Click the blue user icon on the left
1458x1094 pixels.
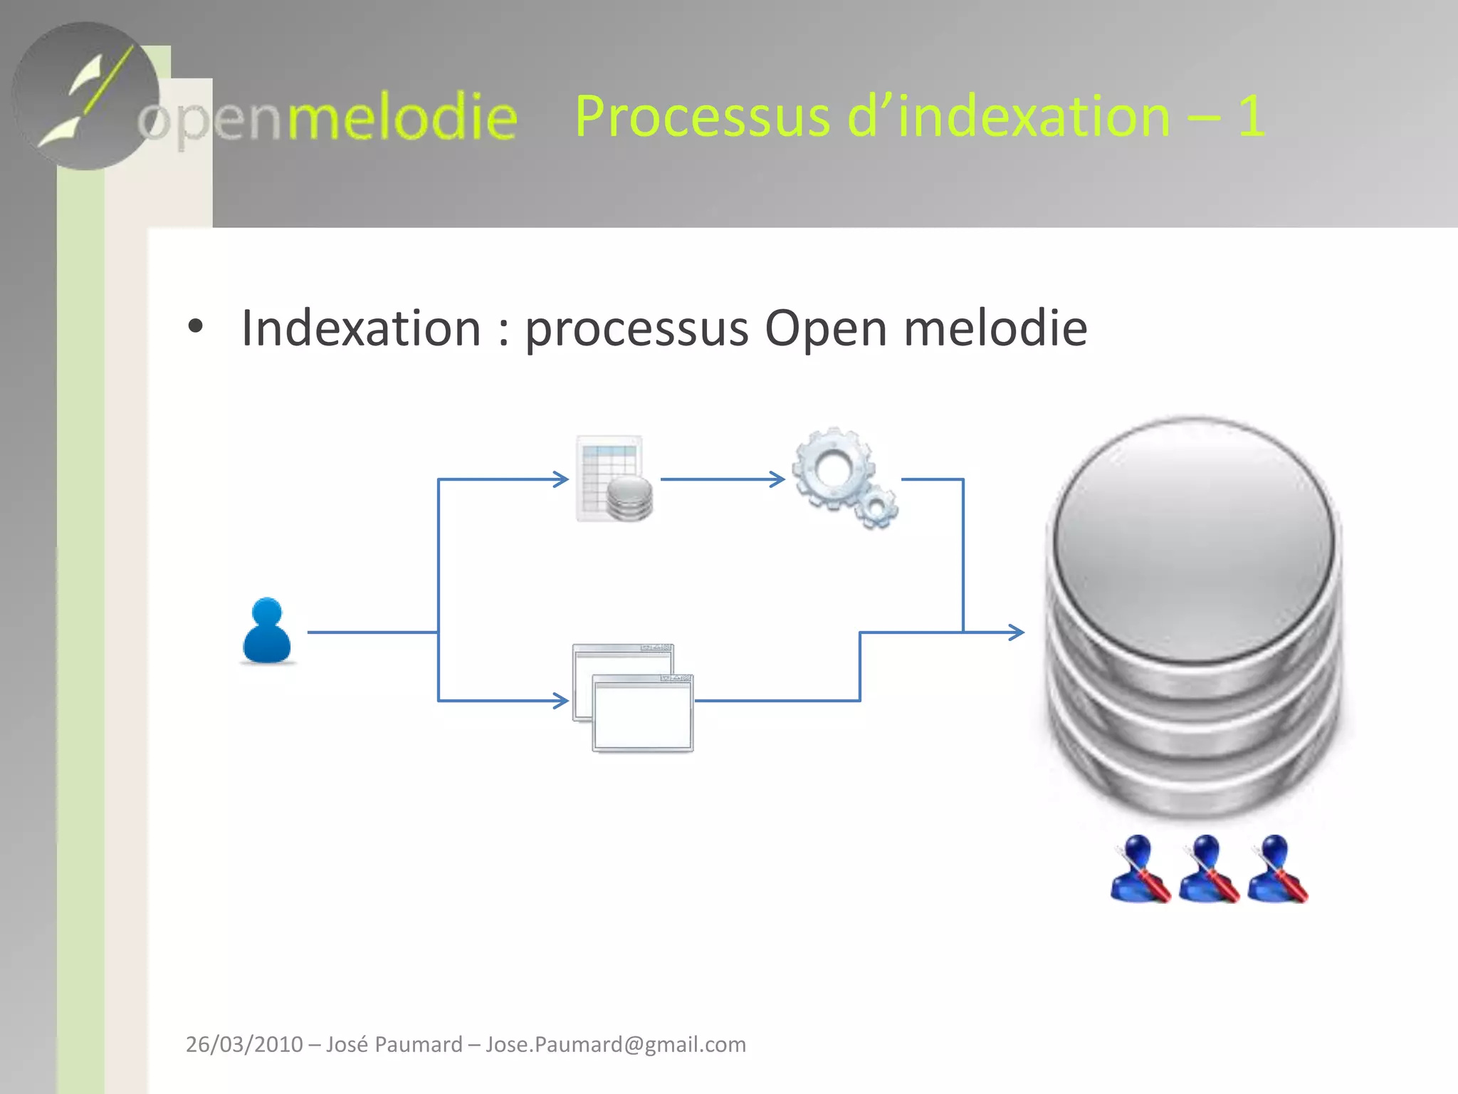[267, 631]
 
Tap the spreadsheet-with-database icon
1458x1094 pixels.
[614, 479]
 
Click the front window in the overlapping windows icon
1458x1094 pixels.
[642, 714]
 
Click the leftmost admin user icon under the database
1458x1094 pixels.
[1140, 869]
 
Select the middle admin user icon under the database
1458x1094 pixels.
[1208, 869]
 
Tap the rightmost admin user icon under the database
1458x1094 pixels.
[1277, 869]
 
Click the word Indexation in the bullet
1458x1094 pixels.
[361, 328]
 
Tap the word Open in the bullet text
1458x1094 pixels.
[826, 328]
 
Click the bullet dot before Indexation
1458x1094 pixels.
[195, 327]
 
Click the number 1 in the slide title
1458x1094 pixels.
[1251, 116]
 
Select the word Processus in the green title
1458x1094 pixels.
[702, 116]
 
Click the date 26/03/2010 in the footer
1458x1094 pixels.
[244, 1044]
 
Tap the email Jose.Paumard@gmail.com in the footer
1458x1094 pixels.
[616, 1044]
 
